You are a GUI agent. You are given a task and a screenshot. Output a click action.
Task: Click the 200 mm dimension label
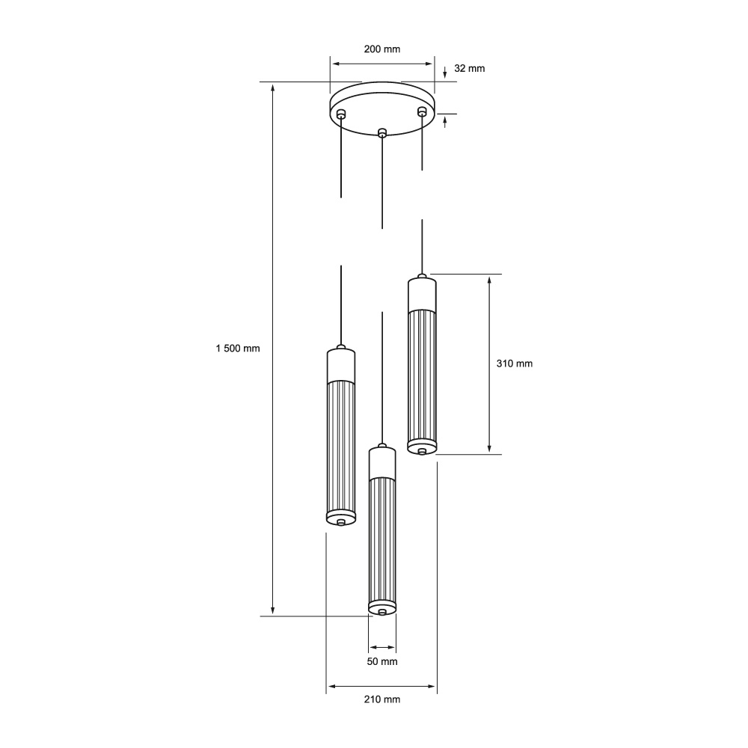coord(381,49)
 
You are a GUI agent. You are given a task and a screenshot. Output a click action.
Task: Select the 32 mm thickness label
coord(470,68)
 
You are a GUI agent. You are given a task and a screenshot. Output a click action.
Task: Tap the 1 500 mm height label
coord(237,349)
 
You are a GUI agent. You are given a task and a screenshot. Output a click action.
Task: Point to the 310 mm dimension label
coord(515,364)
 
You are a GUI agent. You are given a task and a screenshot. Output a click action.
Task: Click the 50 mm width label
coord(382,661)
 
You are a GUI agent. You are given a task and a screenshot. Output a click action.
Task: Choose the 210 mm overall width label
coord(382,699)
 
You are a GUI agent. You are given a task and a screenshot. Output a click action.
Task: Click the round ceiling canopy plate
coord(381,105)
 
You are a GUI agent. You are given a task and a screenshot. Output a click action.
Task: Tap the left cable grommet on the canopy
coord(341,114)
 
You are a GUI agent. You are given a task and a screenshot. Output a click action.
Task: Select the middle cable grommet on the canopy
coord(382,133)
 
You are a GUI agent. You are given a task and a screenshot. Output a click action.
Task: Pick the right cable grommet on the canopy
coord(422,112)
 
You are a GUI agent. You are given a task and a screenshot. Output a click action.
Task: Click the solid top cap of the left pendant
coord(341,366)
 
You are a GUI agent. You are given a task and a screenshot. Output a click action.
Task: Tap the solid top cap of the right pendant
coord(423,295)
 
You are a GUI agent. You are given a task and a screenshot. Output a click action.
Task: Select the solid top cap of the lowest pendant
coord(382,463)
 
